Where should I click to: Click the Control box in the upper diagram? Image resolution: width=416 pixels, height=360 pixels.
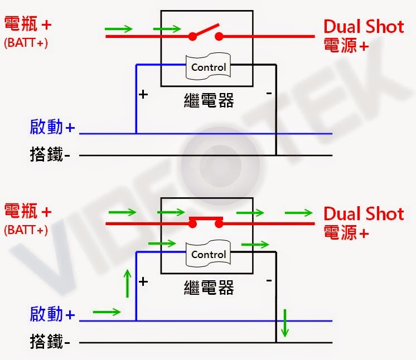click(x=209, y=67)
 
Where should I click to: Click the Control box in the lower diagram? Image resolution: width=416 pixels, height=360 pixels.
click(x=209, y=254)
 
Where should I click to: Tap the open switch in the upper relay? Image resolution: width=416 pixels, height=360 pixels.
click(x=206, y=32)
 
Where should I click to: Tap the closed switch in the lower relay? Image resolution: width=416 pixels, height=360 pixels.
click(x=206, y=221)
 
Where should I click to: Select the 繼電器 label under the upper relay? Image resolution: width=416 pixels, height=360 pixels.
click(x=209, y=100)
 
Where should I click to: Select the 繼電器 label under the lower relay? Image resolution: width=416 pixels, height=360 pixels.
click(x=209, y=288)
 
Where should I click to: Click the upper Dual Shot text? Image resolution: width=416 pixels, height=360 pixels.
click(x=364, y=26)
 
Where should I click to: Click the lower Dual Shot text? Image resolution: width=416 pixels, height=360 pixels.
click(x=364, y=213)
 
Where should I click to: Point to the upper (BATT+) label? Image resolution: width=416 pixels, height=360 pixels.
click(x=26, y=42)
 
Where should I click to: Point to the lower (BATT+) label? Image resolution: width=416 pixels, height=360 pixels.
click(x=26, y=230)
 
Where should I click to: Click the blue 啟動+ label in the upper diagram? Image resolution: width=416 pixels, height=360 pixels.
click(x=52, y=128)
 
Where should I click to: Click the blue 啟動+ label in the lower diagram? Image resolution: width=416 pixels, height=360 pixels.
click(x=52, y=315)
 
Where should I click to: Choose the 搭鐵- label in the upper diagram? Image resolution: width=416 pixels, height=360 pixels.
click(x=50, y=154)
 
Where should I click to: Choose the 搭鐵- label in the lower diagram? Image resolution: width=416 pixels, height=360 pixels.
click(x=50, y=342)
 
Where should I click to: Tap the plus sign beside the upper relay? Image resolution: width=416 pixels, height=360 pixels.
click(x=143, y=94)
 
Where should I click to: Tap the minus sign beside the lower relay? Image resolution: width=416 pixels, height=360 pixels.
click(x=269, y=281)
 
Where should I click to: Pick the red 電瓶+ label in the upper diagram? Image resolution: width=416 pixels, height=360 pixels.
click(x=28, y=25)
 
